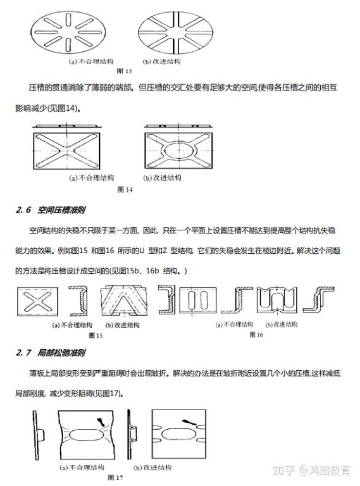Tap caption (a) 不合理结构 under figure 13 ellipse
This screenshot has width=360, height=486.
[91, 61]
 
